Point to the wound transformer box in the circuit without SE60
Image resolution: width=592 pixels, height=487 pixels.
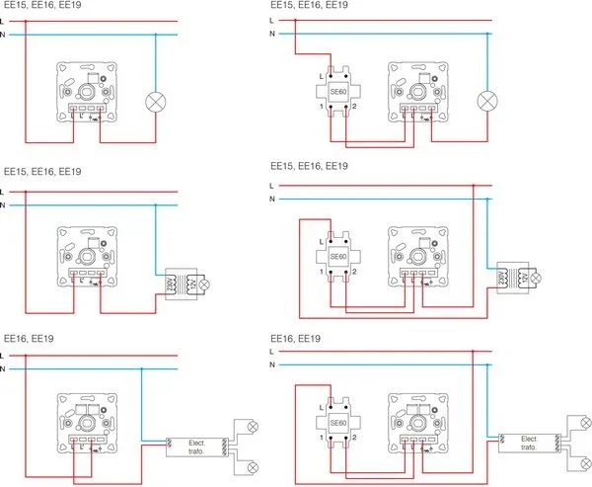coord(179,285)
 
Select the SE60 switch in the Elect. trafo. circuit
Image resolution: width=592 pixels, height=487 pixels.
coord(337,424)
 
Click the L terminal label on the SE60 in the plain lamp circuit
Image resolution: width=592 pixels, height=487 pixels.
coord(321,75)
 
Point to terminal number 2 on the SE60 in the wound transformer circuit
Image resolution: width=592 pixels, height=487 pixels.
coord(354,272)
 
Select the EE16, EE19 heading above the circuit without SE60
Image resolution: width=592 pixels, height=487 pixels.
coord(30,339)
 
